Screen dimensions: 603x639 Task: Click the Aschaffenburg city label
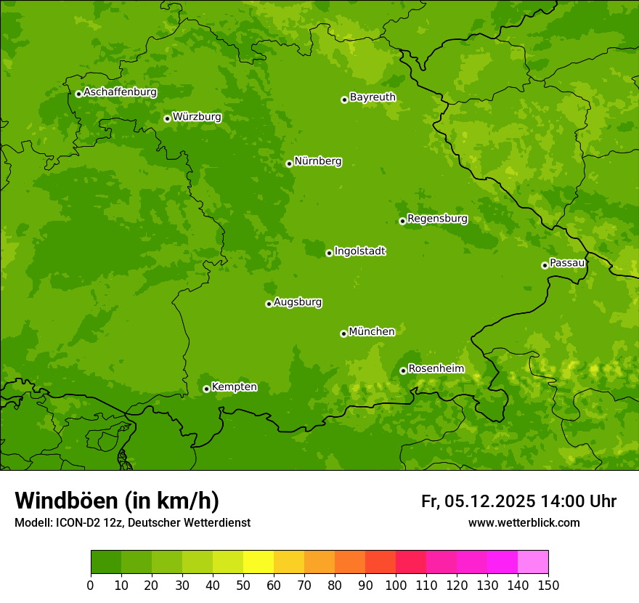(120, 92)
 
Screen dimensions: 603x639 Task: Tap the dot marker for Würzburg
(167, 118)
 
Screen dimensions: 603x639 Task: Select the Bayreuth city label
(373, 97)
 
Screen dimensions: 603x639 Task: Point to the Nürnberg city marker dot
(289, 163)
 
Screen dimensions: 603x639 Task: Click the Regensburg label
(437, 219)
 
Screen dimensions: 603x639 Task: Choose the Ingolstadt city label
(359, 251)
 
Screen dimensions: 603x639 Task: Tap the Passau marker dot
(545, 265)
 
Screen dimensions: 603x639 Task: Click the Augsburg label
(298, 302)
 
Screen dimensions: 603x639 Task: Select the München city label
(372, 332)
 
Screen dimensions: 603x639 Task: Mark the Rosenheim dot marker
(403, 371)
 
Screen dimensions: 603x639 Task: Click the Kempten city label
(234, 387)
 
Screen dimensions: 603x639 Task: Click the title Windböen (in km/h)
(117, 501)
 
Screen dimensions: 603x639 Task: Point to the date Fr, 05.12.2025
(479, 501)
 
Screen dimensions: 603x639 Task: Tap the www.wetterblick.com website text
(524, 522)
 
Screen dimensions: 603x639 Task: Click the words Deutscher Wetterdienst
(196, 523)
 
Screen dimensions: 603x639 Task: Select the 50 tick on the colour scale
(243, 585)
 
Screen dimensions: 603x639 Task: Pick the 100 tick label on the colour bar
(396, 585)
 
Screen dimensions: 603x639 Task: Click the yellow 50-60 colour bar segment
(259, 562)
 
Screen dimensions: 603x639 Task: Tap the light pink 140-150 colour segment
(533, 562)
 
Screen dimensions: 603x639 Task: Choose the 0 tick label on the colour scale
(91, 585)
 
